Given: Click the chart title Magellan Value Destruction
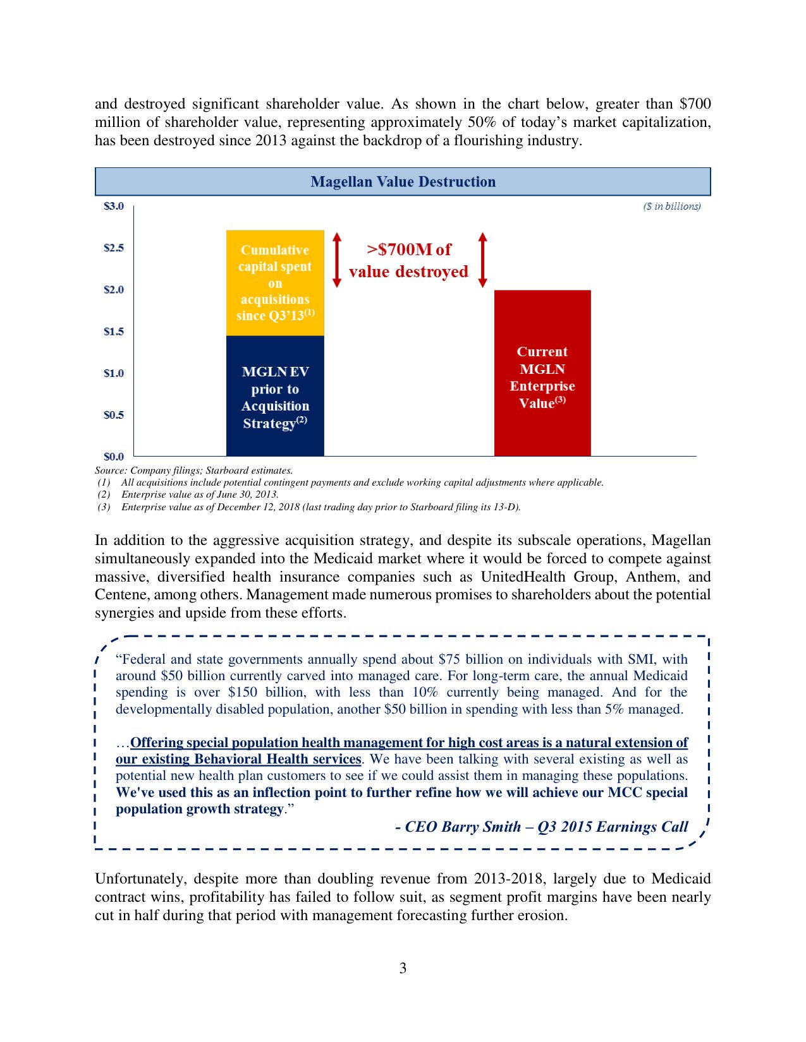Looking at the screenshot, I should pyautogui.click(x=403, y=182).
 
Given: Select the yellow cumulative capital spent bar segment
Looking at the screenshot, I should pyautogui.click(x=275, y=282).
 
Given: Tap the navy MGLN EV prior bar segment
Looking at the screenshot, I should pyautogui.click(x=275, y=396).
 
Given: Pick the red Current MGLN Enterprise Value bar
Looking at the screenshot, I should pyautogui.click(x=542, y=373).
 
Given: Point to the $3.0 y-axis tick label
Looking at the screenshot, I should pyautogui.click(x=114, y=206).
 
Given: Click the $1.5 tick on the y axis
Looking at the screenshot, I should pyautogui.click(x=114, y=332).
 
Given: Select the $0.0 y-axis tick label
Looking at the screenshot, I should pyautogui.click(x=114, y=456).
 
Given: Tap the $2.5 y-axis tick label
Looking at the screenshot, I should pyautogui.click(x=114, y=248).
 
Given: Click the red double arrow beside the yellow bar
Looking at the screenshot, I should pyautogui.click(x=337, y=260).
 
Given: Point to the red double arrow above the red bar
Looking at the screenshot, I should pyautogui.click(x=483, y=260).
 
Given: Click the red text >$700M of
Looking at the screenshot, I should pyautogui.click(x=409, y=249).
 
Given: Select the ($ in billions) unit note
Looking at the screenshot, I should pyautogui.click(x=671, y=206).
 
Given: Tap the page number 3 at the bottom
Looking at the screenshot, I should pyautogui.click(x=403, y=968).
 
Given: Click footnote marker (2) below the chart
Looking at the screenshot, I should pyautogui.click(x=104, y=494).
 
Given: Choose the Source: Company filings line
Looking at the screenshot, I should pyautogui.click(x=193, y=470).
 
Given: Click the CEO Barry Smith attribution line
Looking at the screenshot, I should pyautogui.click(x=542, y=827).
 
